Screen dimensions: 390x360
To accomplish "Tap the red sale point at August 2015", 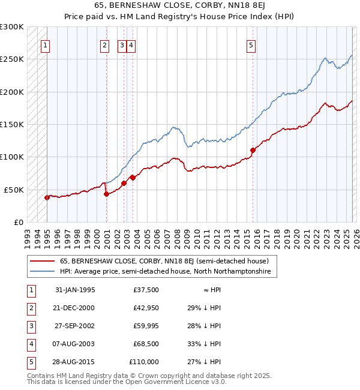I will coord(253,151).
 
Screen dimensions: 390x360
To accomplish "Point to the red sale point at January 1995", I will coord(47,197).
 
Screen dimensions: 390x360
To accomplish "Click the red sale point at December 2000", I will coord(106,194).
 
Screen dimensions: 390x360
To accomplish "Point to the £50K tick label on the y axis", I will coord(13,190).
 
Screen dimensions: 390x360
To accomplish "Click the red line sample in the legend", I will coord(43,261).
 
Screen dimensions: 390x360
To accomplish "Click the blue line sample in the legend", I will coord(43,272).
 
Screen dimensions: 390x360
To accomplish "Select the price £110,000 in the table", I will coord(144,362).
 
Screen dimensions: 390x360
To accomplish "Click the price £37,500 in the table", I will coord(146,290).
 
